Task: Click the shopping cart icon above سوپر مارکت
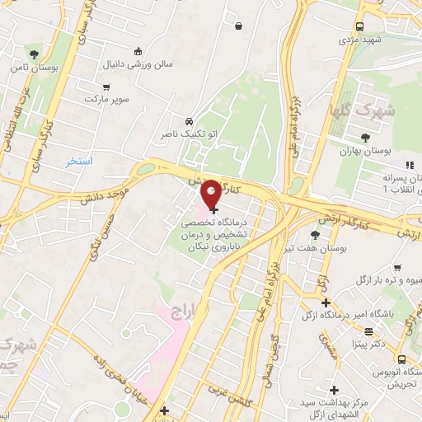(106, 86)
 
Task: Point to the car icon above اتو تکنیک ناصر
(190, 120)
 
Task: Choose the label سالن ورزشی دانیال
(138, 63)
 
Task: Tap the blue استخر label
(80, 161)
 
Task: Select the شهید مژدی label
(363, 40)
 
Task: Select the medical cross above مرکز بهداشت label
(333, 390)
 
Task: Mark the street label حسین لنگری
(105, 233)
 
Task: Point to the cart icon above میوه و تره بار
(398, 268)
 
